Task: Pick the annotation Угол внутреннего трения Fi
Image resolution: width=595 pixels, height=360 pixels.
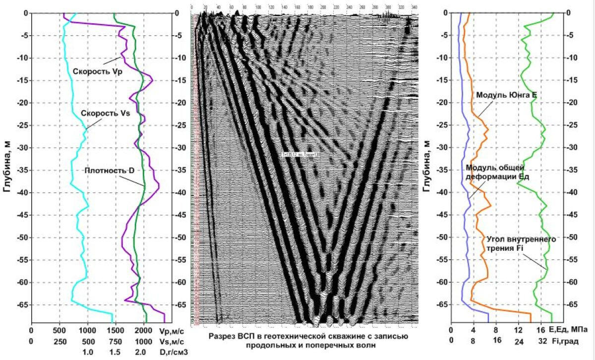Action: coord(521,243)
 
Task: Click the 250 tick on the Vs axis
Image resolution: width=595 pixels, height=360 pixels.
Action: coord(59,342)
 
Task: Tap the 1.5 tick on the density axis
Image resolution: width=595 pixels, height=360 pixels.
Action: coord(115,352)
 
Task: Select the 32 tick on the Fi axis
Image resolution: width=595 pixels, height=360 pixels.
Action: coord(542,341)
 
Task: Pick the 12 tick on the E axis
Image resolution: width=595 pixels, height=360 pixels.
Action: coord(519,330)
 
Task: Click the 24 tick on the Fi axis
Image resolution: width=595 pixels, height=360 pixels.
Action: coord(519,341)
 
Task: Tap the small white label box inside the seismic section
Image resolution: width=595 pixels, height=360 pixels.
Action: coord(301,155)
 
